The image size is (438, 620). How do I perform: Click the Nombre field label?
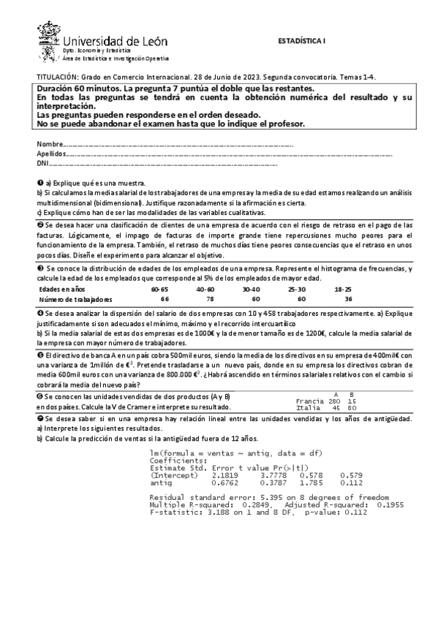[x=50, y=144]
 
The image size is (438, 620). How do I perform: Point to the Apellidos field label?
[x=51, y=154]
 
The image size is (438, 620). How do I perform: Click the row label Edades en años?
[x=62, y=290]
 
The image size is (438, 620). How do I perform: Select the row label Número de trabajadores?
[x=76, y=299]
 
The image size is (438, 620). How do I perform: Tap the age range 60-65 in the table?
[x=160, y=290]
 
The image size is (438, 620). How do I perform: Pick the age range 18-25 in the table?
[x=343, y=290]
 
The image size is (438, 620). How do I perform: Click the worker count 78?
[x=210, y=299]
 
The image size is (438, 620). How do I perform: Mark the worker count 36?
[x=347, y=299]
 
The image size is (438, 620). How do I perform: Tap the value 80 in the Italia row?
[x=352, y=409]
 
